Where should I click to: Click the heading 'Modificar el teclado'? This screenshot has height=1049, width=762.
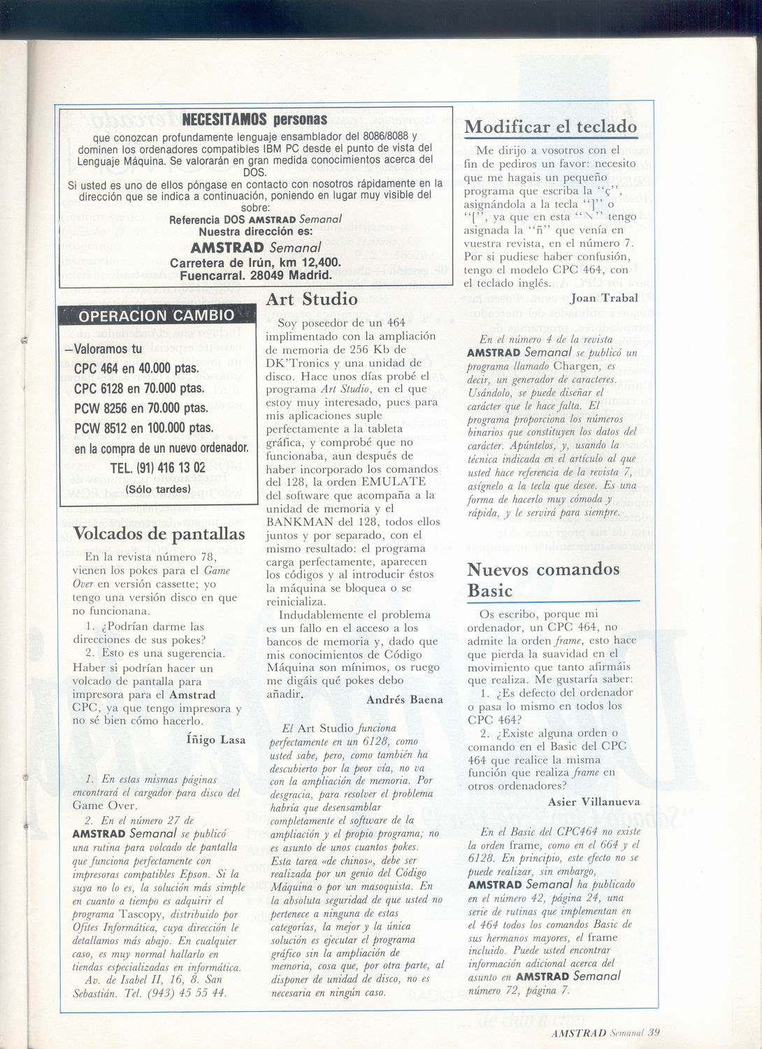(551, 127)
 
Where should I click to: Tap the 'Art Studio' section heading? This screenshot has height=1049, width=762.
(312, 299)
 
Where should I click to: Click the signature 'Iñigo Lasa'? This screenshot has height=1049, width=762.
(216, 738)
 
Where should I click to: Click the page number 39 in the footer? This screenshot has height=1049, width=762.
(654, 1030)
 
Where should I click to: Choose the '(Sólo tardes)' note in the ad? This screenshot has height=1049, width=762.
(158, 489)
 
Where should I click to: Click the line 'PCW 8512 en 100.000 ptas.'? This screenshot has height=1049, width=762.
(143, 427)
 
